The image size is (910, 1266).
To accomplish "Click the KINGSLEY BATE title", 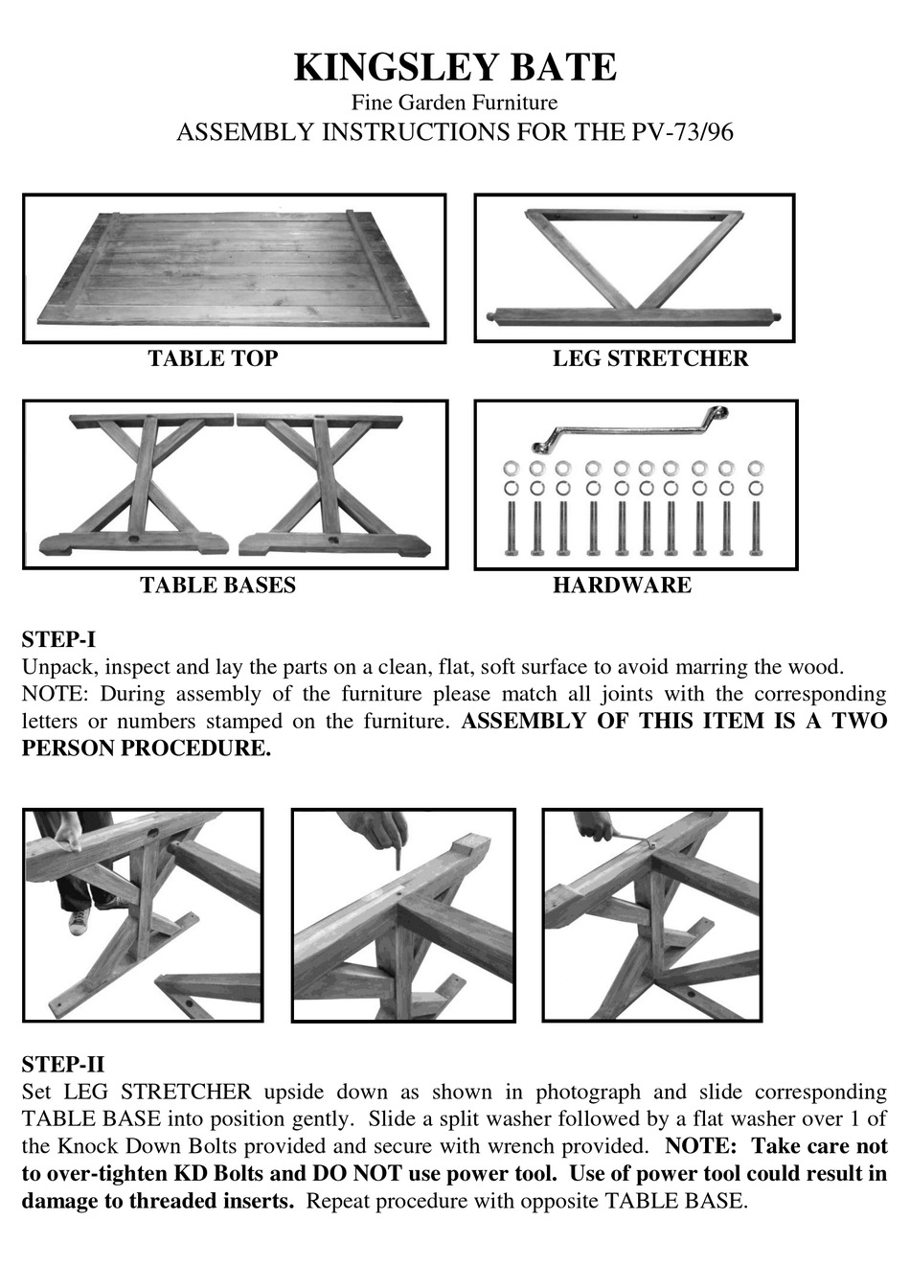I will [454, 68].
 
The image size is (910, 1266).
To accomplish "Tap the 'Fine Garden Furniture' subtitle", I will [454, 102].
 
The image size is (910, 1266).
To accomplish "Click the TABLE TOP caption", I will [213, 358].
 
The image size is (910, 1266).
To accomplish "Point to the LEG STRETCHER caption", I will [650, 358].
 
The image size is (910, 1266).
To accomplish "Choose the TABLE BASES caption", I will [217, 586].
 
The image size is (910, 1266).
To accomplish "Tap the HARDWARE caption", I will [622, 586].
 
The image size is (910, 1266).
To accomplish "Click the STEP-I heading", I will [58, 640].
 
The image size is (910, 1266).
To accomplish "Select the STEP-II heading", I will [62, 1065].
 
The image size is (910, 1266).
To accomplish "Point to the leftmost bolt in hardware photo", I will [510, 527].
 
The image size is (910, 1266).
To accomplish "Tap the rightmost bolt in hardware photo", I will [756, 527].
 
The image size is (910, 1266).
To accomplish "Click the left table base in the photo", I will [139, 485].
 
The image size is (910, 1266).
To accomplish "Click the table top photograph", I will [235, 268].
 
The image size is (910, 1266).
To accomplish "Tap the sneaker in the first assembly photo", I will [80, 921].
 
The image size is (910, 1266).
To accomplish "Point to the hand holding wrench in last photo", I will [594, 825].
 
